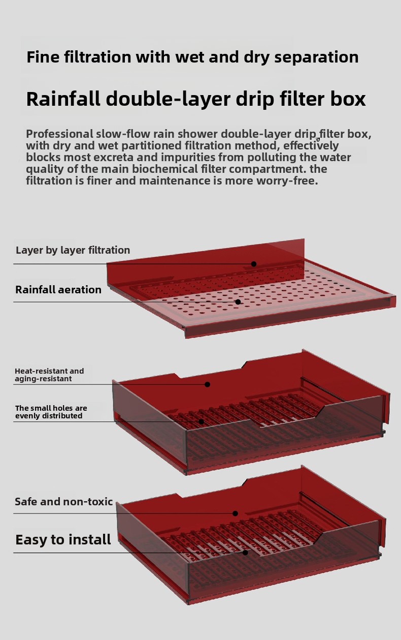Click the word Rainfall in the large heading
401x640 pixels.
[x=63, y=99]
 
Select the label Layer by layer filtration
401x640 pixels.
[x=73, y=250]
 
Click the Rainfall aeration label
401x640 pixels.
[x=58, y=290]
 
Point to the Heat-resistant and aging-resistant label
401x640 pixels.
[x=49, y=375]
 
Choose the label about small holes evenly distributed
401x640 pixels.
[x=51, y=412]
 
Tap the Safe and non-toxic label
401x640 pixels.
[x=63, y=502]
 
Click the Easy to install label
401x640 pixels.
[x=63, y=539]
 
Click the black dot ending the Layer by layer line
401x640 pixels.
[x=254, y=264]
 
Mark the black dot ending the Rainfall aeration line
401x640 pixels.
[x=238, y=302]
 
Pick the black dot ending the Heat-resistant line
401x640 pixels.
[x=207, y=384]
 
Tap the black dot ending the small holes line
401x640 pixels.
[x=201, y=421]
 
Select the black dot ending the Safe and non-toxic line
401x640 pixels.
[x=235, y=513]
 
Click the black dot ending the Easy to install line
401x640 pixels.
[x=245, y=552]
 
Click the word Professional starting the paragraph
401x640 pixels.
[x=59, y=134]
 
